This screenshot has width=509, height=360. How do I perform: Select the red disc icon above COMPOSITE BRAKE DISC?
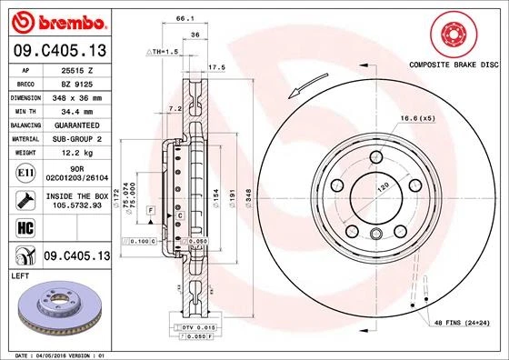click(452, 34)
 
